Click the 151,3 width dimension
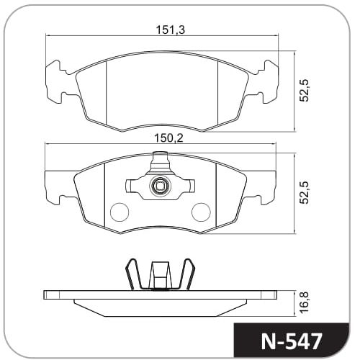click(170, 30)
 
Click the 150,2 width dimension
click(168, 138)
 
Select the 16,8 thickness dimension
click(305, 303)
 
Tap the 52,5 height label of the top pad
click(305, 91)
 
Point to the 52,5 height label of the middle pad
click(305, 193)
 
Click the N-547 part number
click(292, 341)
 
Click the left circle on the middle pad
click(120, 212)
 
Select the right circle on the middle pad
click(201, 212)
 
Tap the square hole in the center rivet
click(160, 185)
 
